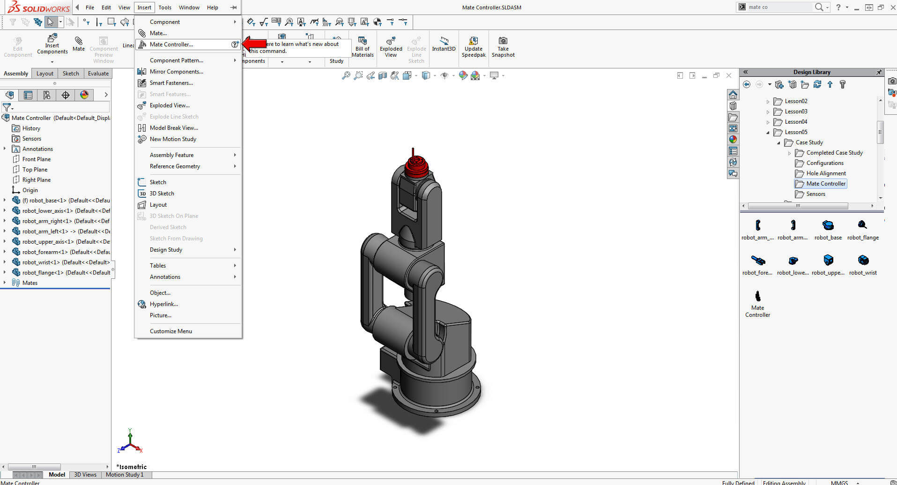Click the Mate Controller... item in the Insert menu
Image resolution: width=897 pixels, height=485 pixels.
coord(171,45)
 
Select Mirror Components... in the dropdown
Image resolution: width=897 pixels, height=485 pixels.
coord(176,72)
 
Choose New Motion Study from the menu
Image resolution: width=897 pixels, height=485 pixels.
coord(173,139)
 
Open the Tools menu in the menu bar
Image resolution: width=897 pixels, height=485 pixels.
coord(165,7)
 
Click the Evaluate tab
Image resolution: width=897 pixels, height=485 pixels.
coord(98,74)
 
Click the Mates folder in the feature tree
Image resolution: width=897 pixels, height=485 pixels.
coord(30,283)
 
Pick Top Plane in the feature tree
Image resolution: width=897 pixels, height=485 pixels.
coord(35,170)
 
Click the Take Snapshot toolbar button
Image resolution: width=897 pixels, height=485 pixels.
coord(503,47)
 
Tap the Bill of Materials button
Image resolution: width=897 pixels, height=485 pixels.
coord(363,47)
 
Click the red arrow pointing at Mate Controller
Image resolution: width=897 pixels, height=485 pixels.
coord(254,44)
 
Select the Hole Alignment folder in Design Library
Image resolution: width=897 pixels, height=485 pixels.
coord(826,173)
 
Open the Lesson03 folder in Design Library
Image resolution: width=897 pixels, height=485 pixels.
coord(796,112)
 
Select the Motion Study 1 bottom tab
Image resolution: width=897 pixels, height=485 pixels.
coord(124,475)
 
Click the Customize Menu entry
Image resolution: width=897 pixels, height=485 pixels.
coord(171,331)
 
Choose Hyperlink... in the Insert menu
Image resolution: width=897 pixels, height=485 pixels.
coord(163,304)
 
